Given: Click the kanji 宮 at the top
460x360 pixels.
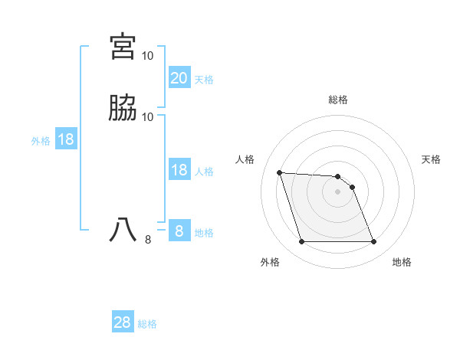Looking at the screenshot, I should (x=123, y=46).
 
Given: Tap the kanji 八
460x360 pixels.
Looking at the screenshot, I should (x=123, y=231).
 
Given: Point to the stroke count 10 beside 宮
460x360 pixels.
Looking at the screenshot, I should (x=148, y=56).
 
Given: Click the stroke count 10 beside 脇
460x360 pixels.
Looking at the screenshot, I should (x=148, y=117).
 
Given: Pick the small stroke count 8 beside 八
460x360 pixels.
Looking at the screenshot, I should (x=148, y=240).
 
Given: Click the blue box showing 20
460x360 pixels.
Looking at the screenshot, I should (x=179, y=78).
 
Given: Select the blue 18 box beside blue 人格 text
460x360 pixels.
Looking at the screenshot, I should (x=179, y=170).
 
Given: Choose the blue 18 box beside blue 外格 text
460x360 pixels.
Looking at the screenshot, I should (x=65, y=139).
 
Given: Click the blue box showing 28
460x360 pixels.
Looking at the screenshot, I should (x=123, y=322).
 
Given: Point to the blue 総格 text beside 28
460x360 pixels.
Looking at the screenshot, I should (x=147, y=324).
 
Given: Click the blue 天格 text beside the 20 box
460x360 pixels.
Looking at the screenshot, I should (x=204, y=80).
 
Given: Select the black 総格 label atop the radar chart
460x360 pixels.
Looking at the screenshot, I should (x=338, y=100).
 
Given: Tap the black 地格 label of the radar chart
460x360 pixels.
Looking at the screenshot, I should (x=402, y=262).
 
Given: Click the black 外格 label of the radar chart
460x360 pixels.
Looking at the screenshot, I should (x=270, y=262).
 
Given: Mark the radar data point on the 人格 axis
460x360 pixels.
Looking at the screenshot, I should (x=279, y=172).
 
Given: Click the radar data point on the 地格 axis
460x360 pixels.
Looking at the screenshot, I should (x=373, y=242).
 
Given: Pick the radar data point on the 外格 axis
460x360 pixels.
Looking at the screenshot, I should (x=301, y=242).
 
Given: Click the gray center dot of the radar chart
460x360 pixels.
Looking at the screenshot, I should (x=338, y=191).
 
